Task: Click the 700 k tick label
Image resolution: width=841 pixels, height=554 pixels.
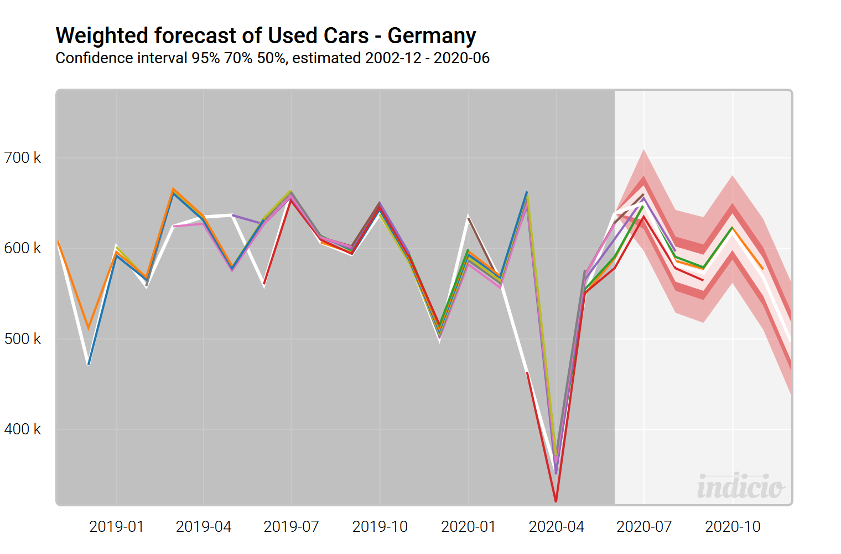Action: pyautogui.click(x=23, y=158)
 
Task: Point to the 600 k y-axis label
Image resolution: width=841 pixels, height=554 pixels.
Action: pyautogui.click(x=23, y=248)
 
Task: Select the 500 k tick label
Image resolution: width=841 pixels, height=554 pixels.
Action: pyautogui.click(x=23, y=339)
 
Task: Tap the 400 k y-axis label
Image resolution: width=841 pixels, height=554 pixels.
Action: pyautogui.click(x=23, y=429)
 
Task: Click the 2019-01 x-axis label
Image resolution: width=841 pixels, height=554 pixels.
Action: pyautogui.click(x=117, y=526)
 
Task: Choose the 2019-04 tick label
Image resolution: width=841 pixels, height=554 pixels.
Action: pyautogui.click(x=204, y=526)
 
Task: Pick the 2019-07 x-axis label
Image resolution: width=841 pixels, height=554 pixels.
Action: pyautogui.click(x=292, y=526)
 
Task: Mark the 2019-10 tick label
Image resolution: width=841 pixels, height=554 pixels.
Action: pyautogui.click(x=380, y=526)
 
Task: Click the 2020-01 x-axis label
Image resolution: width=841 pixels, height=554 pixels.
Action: pyautogui.click(x=469, y=526)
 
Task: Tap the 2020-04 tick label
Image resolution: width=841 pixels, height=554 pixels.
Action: pyautogui.click(x=557, y=526)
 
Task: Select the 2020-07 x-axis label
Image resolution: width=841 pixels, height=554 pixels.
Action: pyautogui.click(x=644, y=526)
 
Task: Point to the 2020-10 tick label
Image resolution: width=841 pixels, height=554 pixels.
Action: pyautogui.click(x=733, y=526)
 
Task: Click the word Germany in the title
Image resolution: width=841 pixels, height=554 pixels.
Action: pyautogui.click(x=432, y=36)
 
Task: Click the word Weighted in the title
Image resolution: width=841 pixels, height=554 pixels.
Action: pyautogui.click(x=102, y=36)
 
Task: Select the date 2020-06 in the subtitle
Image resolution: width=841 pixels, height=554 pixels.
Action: pyautogui.click(x=461, y=58)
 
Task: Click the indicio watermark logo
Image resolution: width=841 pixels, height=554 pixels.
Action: pyautogui.click(x=740, y=486)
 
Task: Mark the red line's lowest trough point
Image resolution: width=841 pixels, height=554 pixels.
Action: pyautogui.click(x=556, y=501)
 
